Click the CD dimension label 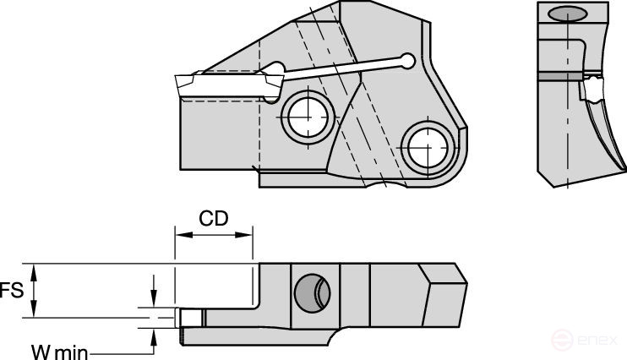tap(213, 220)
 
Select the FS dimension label tap(10, 290)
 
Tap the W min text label tap(57, 350)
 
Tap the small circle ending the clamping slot tap(409, 61)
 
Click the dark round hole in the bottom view tap(308, 293)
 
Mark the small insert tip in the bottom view tap(190, 319)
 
